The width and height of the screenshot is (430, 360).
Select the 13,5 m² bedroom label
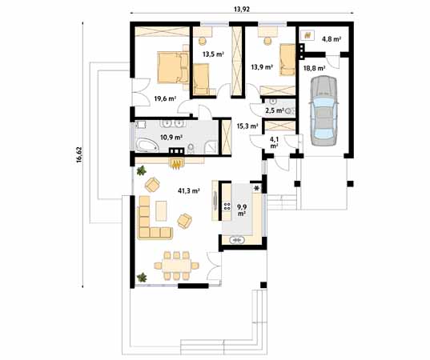(x=212, y=54)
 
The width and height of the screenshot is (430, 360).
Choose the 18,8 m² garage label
(x=313, y=68)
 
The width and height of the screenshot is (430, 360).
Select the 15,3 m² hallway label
(x=247, y=126)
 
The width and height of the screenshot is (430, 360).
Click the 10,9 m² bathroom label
(x=171, y=138)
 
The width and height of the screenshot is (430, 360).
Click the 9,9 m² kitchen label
(x=243, y=210)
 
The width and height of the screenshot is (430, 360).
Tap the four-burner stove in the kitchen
(x=227, y=210)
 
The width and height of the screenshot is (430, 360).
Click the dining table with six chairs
(x=173, y=264)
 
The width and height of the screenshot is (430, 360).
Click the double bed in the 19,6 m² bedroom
(x=171, y=67)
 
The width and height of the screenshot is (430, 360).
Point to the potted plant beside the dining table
(x=143, y=278)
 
